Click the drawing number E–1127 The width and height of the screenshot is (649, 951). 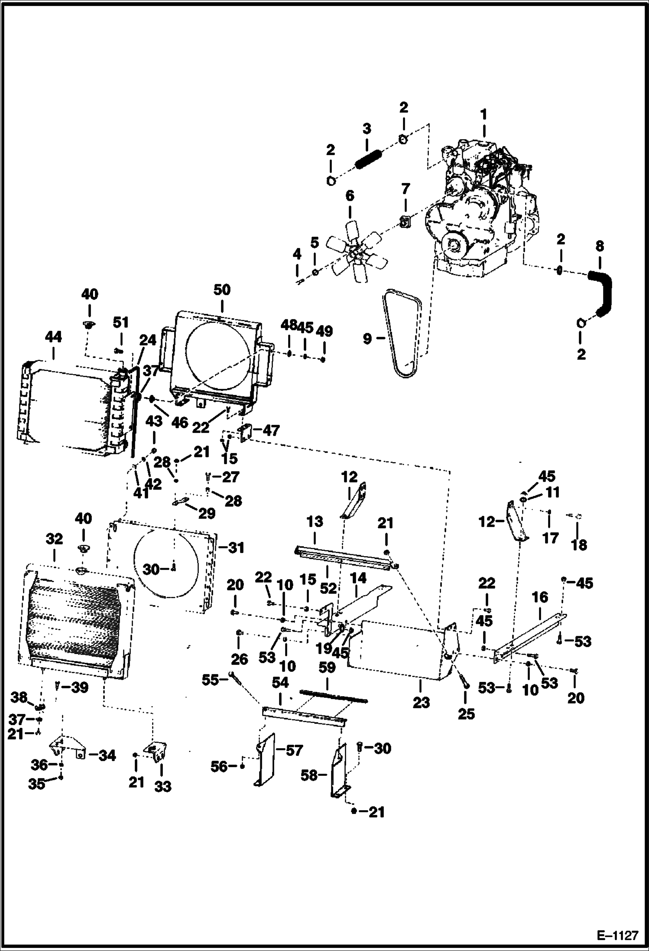(x=617, y=935)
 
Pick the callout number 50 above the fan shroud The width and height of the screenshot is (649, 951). (x=221, y=290)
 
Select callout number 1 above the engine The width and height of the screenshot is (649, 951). (x=484, y=114)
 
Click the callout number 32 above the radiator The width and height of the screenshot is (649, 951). (x=54, y=539)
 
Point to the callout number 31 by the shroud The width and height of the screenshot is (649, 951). (x=236, y=548)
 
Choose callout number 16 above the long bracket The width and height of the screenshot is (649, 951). (x=540, y=597)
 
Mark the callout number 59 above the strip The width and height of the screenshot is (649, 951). (x=327, y=668)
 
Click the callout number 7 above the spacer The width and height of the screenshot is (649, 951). (x=405, y=189)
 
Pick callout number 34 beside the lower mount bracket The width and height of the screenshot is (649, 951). (x=107, y=756)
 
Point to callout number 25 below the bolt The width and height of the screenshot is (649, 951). (x=466, y=714)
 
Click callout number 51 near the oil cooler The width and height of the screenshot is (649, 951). (x=121, y=322)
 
